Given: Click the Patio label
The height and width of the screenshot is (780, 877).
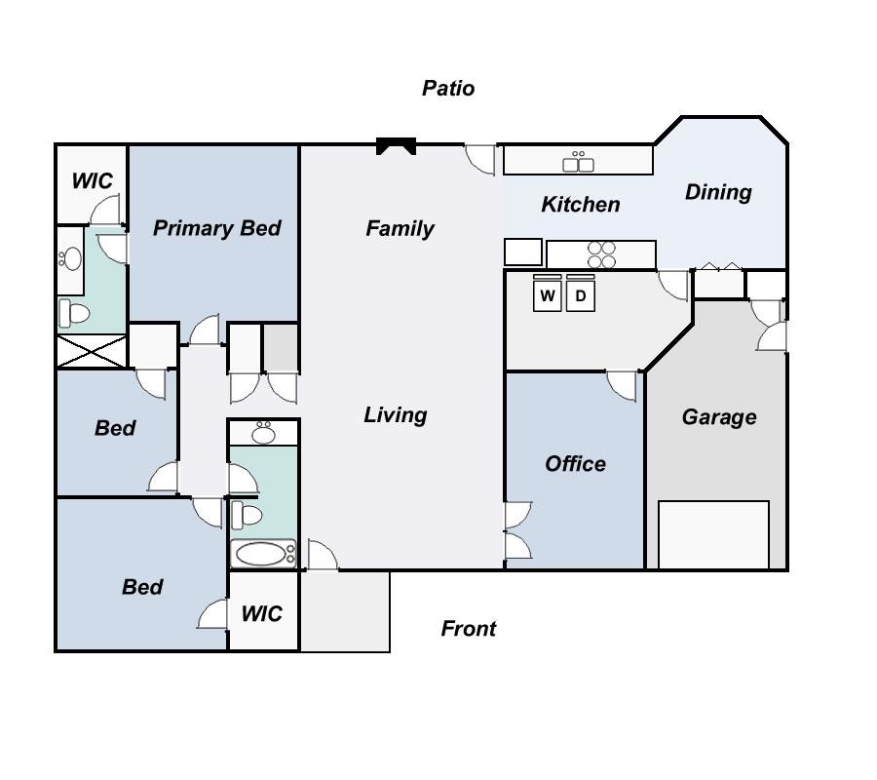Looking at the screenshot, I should tap(448, 89).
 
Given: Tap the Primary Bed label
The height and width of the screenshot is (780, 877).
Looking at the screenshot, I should tap(216, 228).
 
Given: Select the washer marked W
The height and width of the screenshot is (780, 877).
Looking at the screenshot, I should tap(548, 295).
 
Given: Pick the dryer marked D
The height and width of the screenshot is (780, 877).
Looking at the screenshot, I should tap(581, 295).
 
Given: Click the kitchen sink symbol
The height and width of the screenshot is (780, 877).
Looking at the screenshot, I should tap(579, 161).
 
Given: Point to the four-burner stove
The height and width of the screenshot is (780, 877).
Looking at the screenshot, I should tap(602, 254).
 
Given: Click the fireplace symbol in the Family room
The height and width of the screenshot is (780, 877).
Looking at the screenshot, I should tap(397, 146).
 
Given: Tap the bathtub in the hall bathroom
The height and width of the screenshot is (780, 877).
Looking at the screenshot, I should tap(263, 555).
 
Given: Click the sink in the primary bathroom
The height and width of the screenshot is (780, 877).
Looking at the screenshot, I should tap(70, 258).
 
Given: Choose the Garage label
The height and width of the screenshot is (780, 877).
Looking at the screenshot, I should tap(719, 417).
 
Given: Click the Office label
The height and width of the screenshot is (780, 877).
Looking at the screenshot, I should tap(575, 464).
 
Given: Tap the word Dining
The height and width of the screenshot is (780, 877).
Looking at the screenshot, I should tap(718, 192).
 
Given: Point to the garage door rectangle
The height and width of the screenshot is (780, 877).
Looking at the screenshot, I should tap(713, 534).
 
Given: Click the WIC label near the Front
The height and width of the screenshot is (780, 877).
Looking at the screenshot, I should tap(261, 613).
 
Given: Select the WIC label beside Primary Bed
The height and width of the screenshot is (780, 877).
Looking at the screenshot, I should tap(92, 181).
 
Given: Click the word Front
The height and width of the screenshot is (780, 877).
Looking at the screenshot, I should tap(469, 629).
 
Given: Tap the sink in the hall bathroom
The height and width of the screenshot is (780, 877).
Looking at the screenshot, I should tap(263, 432).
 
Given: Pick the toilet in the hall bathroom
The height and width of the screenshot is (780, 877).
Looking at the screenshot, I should tap(245, 513).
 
